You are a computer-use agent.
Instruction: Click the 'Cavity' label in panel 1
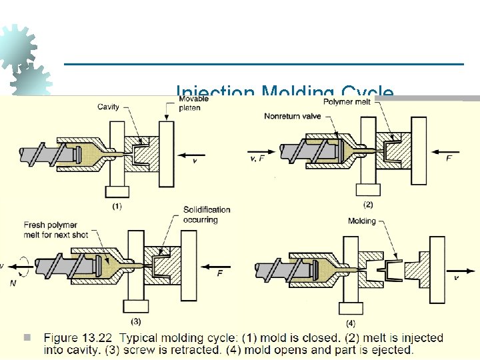pyautogui.click(x=109, y=107)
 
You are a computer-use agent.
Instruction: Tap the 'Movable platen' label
pyautogui.click(x=193, y=103)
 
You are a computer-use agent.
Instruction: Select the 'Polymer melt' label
pyautogui.click(x=347, y=102)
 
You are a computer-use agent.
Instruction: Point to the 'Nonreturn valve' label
pyautogui.click(x=293, y=116)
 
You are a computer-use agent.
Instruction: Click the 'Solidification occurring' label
pyautogui.click(x=207, y=215)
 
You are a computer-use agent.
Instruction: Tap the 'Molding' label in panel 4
pyautogui.click(x=362, y=221)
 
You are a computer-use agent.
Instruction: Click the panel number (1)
pyautogui.click(x=117, y=206)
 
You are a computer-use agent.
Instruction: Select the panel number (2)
pyautogui.click(x=368, y=203)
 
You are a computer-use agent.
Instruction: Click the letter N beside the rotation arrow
pyautogui.click(x=13, y=283)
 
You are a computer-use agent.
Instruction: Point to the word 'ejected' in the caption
pyautogui.click(x=393, y=349)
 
